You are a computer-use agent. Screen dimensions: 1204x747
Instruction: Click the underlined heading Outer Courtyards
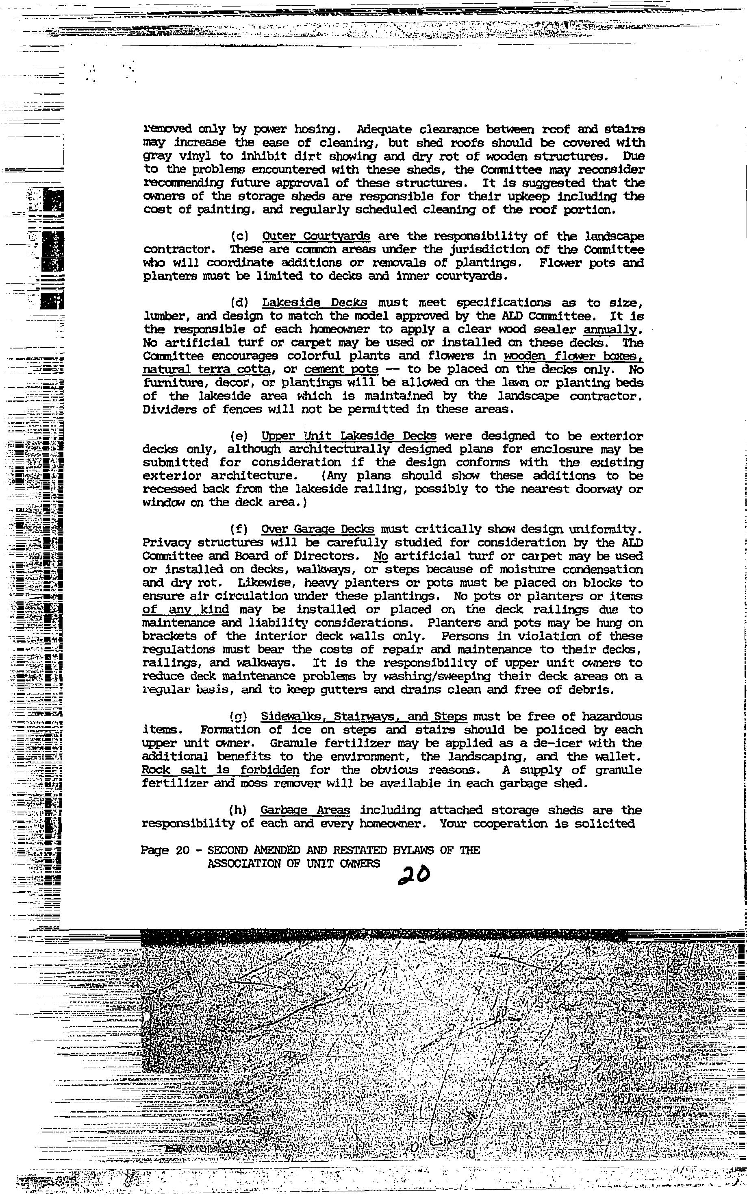316,236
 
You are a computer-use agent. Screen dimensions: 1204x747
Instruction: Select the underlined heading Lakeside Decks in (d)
315,303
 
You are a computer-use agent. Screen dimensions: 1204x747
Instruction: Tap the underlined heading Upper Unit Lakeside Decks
349,436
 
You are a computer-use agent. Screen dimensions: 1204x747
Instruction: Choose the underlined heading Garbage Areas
305,810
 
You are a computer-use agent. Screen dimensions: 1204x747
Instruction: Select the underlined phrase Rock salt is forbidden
220,770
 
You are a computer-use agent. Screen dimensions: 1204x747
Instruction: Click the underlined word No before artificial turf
380,556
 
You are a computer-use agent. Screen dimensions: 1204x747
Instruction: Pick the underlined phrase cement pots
342,369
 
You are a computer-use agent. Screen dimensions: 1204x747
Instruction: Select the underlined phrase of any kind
186,610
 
